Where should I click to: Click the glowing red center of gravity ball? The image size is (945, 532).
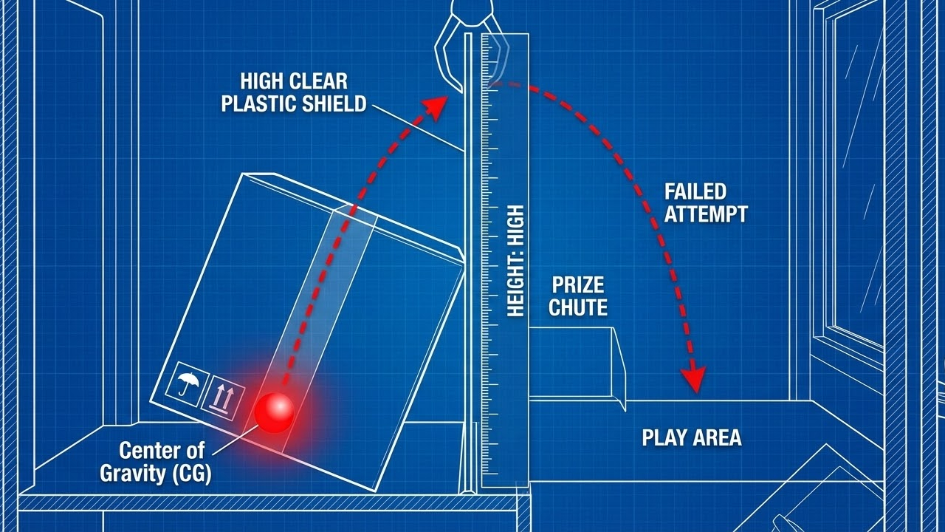(x=275, y=412)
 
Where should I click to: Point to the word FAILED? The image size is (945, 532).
(x=695, y=192)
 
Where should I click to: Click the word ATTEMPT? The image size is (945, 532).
(x=706, y=214)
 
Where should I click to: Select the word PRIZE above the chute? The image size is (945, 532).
(x=578, y=285)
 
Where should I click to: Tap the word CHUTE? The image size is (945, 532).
(x=578, y=307)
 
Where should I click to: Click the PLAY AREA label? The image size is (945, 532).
(x=691, y=437)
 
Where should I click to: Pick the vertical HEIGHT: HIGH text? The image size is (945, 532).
(x=515, y=261)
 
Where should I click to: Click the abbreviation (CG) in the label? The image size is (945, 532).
(x=191, y=474)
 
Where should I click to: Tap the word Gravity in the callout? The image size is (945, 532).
(x=132, y=474)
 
